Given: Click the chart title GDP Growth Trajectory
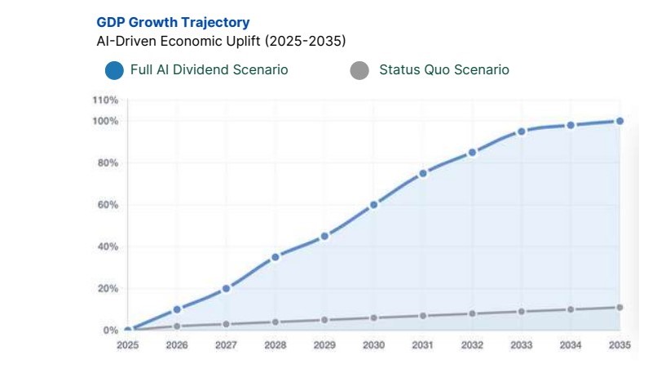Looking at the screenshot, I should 173,22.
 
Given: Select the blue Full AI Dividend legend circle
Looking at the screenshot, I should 114,70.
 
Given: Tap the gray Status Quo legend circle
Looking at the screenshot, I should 359,70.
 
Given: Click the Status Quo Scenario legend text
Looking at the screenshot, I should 443,70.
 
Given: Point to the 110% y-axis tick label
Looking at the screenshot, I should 105,100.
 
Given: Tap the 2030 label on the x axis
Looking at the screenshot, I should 373,345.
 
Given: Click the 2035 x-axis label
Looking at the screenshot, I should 619,345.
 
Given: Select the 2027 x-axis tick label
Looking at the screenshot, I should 226,345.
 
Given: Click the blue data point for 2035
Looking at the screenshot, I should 620,121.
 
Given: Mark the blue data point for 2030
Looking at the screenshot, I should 373,205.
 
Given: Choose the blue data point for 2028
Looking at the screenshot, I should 276,257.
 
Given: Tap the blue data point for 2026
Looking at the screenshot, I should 177,309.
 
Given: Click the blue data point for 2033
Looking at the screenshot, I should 521,131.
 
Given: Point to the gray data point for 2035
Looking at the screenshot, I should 620,308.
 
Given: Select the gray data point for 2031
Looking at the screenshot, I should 422,316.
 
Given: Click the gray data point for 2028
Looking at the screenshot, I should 276,322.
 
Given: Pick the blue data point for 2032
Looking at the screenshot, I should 472,153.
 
